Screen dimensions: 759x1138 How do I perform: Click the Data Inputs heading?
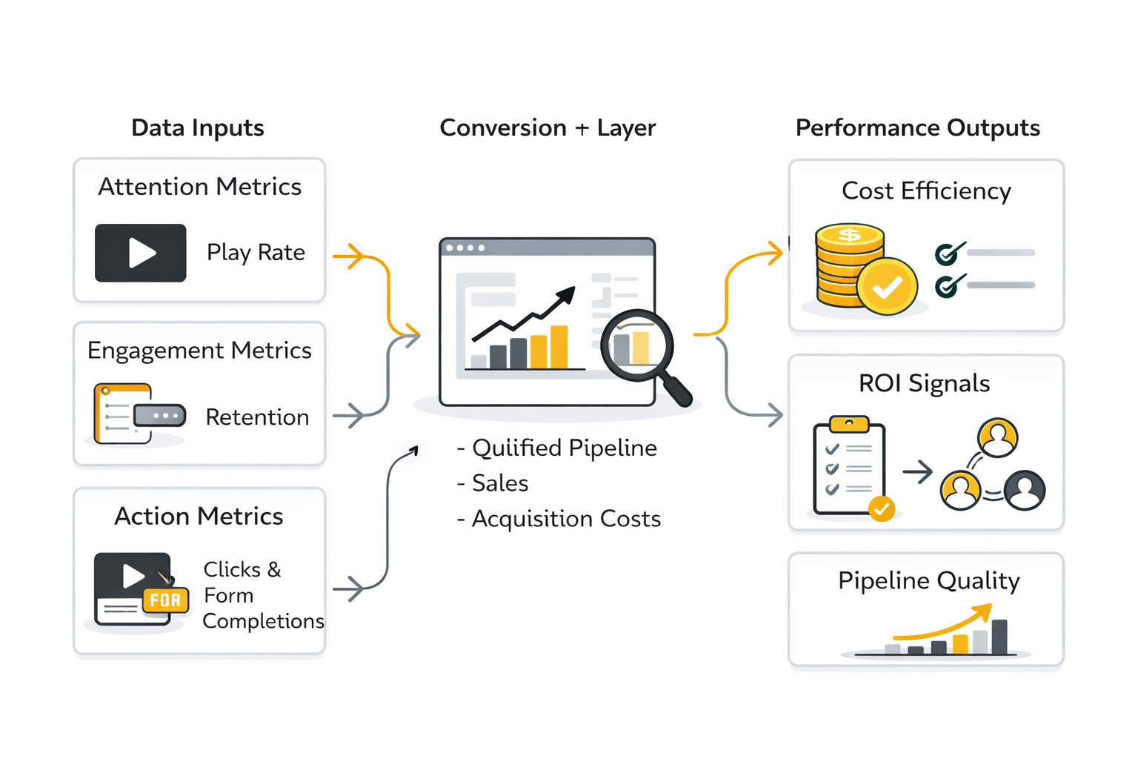(x=197, y=127)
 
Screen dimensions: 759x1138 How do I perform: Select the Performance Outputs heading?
(x=917, y=127)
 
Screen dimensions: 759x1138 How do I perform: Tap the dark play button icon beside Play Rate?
(x=141, y=253)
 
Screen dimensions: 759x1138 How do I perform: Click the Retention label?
(x=257, y=417)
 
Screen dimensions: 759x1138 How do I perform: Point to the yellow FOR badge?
(x=165, y=600)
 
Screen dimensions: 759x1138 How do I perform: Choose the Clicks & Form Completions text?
(x=252, y=595)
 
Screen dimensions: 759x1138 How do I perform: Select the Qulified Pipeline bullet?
(x=558, y=448)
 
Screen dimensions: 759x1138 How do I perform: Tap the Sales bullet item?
(x=494, y=483)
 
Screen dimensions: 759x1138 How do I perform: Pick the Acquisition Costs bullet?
(x=560, y=519)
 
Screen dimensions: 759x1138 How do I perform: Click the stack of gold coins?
(x=851, y=265)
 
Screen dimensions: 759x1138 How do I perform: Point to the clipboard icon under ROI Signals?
(x=849, y=467)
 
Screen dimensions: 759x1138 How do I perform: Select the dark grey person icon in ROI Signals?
(x=1025, y=490)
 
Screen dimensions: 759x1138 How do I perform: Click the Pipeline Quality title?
(x=928, y=580)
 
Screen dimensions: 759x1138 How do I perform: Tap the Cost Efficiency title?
(x=926, y=191)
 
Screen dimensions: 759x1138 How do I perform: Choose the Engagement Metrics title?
(x=199, y=350)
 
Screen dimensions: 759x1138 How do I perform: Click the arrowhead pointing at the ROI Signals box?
(x=774, y=414)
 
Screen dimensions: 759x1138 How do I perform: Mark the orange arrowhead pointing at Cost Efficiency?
(x=775, y=253)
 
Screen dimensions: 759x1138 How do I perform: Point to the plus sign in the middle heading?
(x=582, y=128)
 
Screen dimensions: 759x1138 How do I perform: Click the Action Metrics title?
(x=199, y=516)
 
